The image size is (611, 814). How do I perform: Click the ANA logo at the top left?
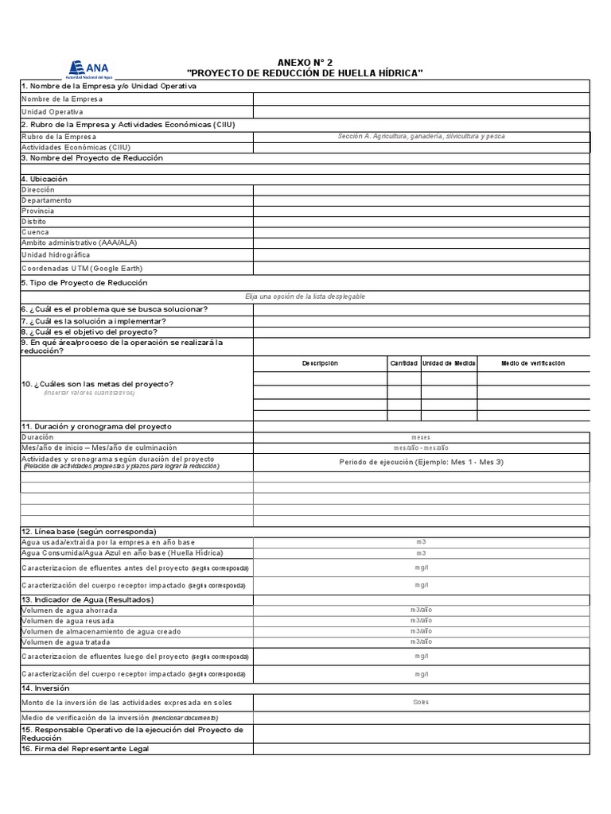[x=89, y=69]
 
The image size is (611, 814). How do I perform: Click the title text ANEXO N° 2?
[x=305, y=62]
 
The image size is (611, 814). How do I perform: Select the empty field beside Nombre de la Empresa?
[x=421, y=99]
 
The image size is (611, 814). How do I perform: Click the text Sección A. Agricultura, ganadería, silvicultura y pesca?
[x=421, y=136]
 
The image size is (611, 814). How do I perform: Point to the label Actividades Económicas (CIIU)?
[x=76, y=147]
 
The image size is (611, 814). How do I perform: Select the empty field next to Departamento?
[x=421, y=200]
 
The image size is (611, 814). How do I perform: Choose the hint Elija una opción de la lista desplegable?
[x=305, y=296]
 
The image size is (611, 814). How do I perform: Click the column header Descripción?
[x=320, y=363]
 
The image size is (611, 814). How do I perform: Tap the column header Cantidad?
[x=403, y=363]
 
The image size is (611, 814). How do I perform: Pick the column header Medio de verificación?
[x=532, y=363]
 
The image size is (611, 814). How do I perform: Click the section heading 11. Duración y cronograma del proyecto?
[x=96, y=427]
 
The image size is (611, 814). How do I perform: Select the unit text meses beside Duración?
[x=421, y=437]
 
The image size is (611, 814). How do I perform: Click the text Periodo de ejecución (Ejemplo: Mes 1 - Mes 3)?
[x=421, y=462]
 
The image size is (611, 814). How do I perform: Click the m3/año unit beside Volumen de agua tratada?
[x=421, y=642]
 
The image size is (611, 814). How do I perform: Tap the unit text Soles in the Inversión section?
[x=421, y=702]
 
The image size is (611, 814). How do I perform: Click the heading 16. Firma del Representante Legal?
[x=85, y=749]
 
